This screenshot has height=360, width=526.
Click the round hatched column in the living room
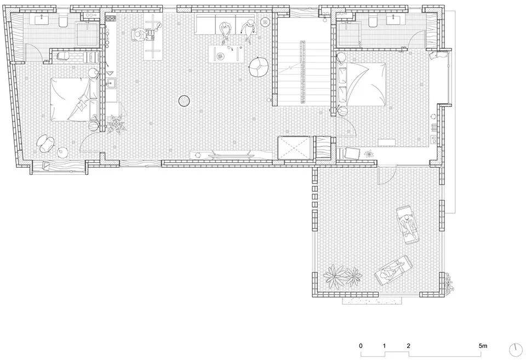(185, 100)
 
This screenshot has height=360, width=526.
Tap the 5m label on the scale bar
(483, 346)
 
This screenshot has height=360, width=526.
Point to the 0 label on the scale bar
(361, 346)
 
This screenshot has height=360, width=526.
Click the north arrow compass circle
(516, 350)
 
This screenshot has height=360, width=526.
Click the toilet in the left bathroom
(62, 21)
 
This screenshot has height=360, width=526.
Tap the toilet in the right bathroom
(373, 21)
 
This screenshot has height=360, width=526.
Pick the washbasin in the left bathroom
(42, 20)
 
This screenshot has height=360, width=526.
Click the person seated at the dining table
(139, 35)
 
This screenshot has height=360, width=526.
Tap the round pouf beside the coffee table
(258, 67)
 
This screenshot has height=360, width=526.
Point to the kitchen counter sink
(111, 83)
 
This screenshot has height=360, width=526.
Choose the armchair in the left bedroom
(46, 143)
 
